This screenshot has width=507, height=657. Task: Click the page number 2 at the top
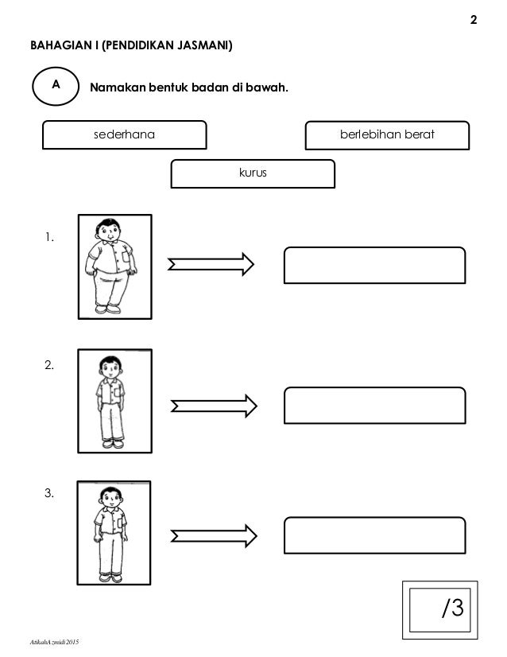[x=474, y=20]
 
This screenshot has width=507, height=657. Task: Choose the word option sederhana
[x=124, y=135]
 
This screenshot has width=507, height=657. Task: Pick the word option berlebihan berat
[x=387, y=135]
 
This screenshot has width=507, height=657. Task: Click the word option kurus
[x=253, y=172]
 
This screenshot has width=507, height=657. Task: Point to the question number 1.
[x=50, y=236]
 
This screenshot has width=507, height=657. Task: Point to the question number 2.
[x=51, y=366]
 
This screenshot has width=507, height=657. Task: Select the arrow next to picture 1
[x=210, y=264]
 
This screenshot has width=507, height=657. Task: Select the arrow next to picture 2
[x=213, y=406]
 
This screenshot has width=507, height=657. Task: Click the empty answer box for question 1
[x=374, y=265]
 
